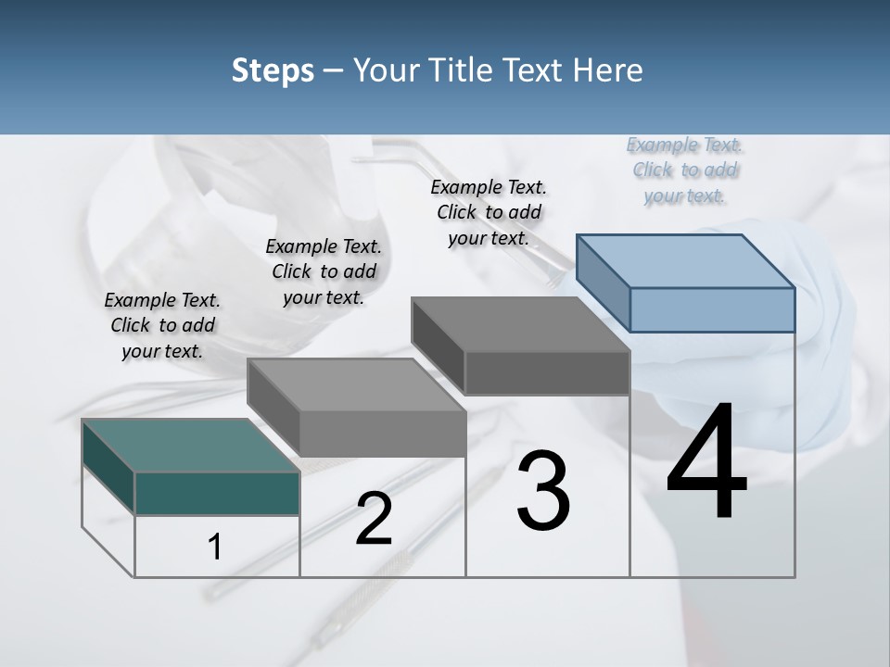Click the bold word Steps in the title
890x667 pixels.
point(273,70)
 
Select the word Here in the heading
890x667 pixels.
point(608,70)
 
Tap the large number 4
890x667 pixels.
point(706,463)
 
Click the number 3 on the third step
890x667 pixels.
point(543,491)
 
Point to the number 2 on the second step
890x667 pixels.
point(374,519)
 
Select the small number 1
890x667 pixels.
point(215,547)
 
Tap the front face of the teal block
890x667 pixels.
point(217,493)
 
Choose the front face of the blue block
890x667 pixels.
point(712,309)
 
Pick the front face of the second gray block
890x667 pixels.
point(382,434)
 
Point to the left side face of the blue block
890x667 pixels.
point(603,283)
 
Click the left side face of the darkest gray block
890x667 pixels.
point(438,343)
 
